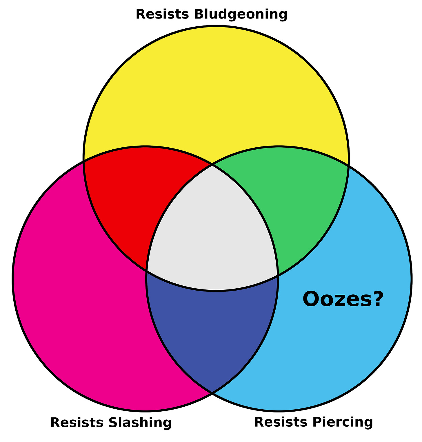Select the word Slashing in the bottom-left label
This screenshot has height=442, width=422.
click(x=140, y=423)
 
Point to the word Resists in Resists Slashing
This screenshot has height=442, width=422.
click(x=75, y=423)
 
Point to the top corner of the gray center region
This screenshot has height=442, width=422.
click(x=212, y=165)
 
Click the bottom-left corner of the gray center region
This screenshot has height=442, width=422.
click(x=147, y=271)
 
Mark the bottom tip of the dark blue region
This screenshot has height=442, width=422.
click(x=212, y=393)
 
